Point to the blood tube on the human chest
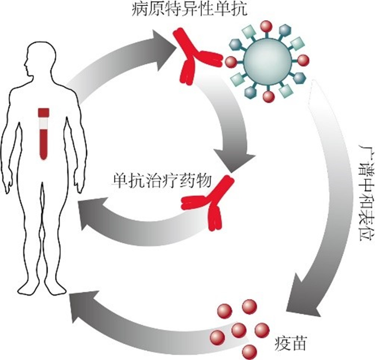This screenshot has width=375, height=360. pyautogui.click(x=43, y=134)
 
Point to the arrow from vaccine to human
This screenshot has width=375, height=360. pyautogui.click(x=136, y=322)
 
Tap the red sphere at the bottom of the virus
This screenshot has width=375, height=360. pyautogui.click(x=268, y=97)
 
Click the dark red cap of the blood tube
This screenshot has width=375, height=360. pyautogui.click(x=43, y=112)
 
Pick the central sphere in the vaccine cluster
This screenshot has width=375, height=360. pyautogui.click(x=238, y=330)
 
